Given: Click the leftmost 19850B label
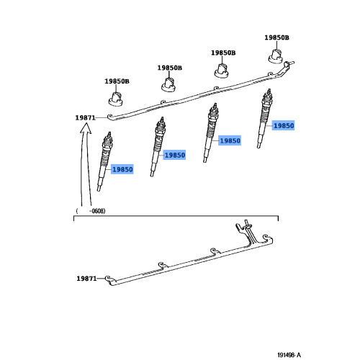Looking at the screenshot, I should (117, 81).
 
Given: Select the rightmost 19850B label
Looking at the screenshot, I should (276, 37).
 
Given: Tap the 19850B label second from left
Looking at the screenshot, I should (170, 68).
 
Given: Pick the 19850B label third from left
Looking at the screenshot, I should (222, 53).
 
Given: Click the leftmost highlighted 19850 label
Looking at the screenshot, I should (122, 169).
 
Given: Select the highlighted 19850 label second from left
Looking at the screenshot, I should (174, 155).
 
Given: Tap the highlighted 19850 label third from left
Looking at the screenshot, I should (230, 141).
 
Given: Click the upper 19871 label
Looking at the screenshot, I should (84, 117).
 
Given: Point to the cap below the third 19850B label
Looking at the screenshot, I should (222, 71).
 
